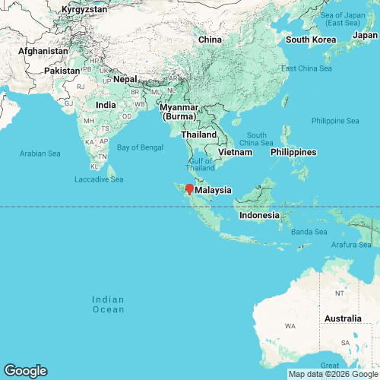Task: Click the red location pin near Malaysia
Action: tap(189, 188)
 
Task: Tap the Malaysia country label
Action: tap(214, 191)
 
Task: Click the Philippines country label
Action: tap(293, 152)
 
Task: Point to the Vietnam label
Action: tap(235, 152)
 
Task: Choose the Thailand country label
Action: tap(198, 135)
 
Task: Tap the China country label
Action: tap(209, 40)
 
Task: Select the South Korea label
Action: tap(310, 40)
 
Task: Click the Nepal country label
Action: tap(126, 79)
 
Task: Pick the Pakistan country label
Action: tap(62, 71)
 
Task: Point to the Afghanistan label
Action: tap(43, 51)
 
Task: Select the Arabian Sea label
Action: tap(40, 154)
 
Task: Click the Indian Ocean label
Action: tap(108, 304)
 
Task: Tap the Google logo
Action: tap(24, 371)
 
